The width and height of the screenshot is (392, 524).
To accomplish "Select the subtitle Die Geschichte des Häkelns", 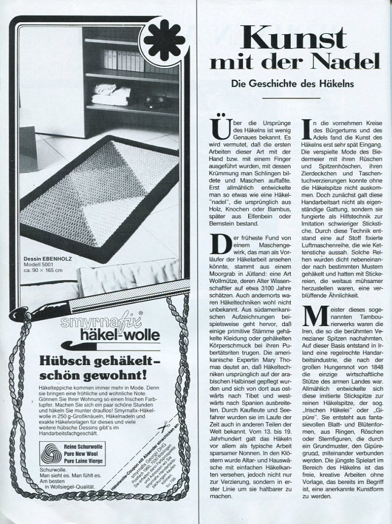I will coord(292,84).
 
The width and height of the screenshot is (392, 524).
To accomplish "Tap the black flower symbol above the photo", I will coord(164,40).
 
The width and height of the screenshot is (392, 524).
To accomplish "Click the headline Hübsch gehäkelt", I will coord(86,360).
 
